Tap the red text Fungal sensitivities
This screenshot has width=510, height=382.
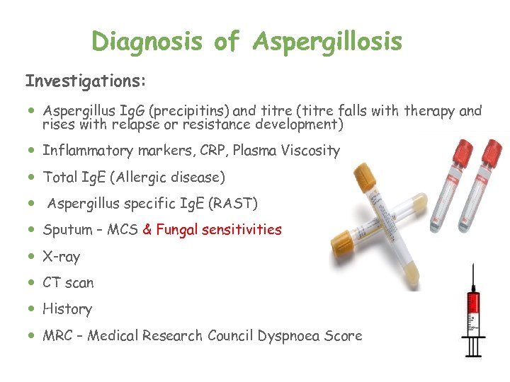(x=219, y=230)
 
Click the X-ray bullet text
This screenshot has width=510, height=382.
(x=61, y=257)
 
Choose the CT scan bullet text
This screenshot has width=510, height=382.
(x=68, y=283)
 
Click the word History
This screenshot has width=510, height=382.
(x=67, y=309)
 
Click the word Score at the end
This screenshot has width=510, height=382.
(x=343, y=336)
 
